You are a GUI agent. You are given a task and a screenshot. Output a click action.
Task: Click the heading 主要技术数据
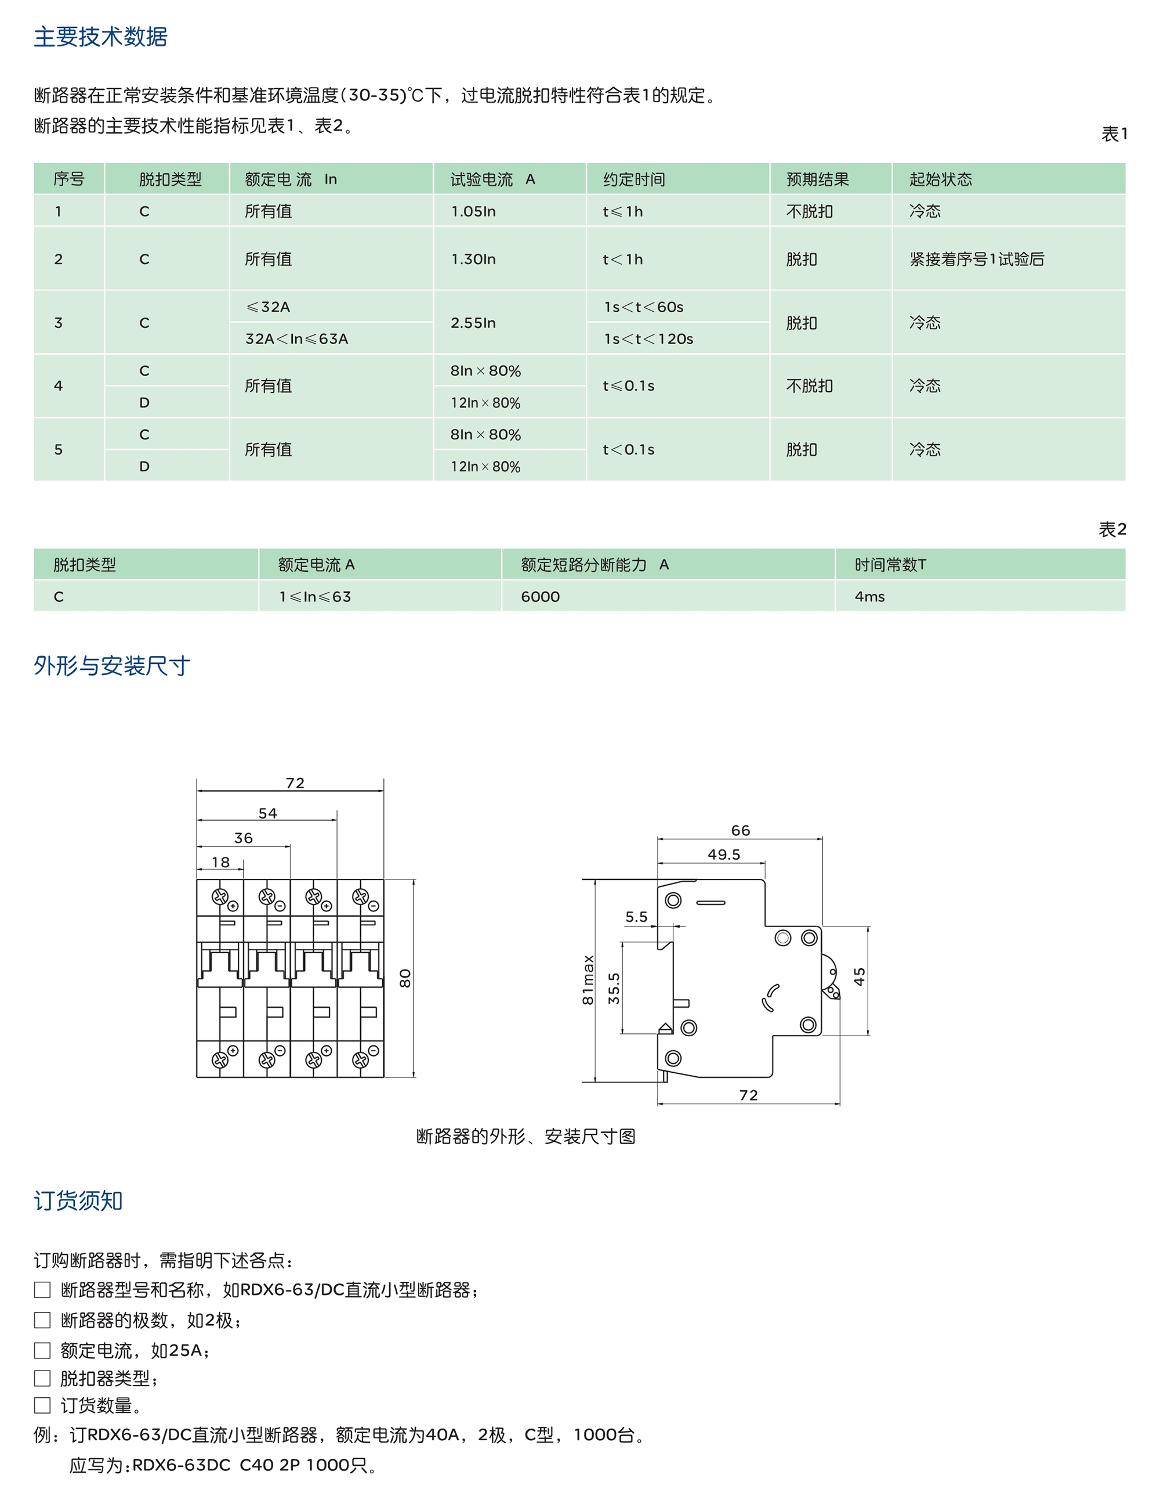click(x=100, y=37)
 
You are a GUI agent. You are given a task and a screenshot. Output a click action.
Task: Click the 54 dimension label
click(x=268, y=813)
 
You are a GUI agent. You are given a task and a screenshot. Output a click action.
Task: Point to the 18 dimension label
click(x=220, y=862)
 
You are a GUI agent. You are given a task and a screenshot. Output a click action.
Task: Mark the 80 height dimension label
click(x=405, y=978)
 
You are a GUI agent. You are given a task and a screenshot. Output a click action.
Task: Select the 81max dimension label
click(x=588, y=980)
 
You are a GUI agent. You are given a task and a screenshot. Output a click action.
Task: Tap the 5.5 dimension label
click(x=636, y=917)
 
